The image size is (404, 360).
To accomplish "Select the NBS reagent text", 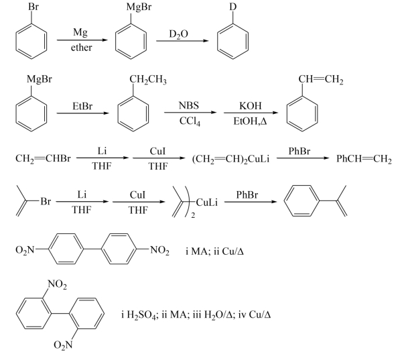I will [189, 105].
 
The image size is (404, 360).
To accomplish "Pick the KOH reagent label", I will [251, 105].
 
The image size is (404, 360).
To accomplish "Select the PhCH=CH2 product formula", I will [364, 160].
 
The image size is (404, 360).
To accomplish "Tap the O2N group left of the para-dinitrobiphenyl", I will [27, 251].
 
